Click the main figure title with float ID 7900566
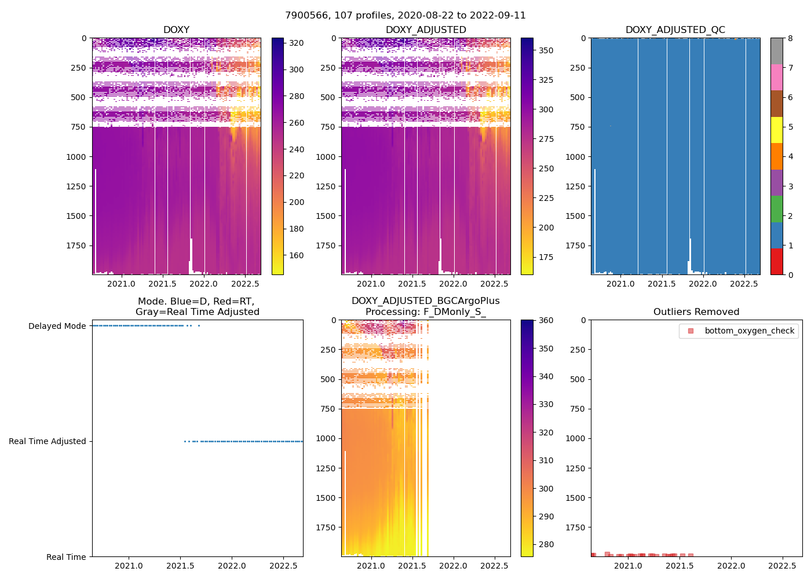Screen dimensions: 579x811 (x=405, y=16)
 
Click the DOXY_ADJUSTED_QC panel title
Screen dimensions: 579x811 (x=675, y=30)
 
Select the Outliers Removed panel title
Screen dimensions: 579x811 (x=696, y=312)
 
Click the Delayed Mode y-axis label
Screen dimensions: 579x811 (x=57, y=326)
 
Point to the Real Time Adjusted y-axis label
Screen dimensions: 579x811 (x=48, y=441)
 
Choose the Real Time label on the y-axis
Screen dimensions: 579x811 (x=66, y=557)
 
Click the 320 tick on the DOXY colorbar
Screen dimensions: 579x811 (x=297, y=43)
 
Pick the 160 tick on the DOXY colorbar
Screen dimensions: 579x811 (x=297, y=255)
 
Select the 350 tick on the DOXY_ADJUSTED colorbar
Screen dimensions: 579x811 (x=546, y=50)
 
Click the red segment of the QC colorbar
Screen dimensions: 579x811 (x=777, y=262)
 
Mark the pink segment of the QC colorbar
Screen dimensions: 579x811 (x=777, y=78)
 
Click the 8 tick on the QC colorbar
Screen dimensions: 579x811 (x=790, y=38)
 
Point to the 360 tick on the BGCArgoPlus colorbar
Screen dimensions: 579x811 (x=546, y=320)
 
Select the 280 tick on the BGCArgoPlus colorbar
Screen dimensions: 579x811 (x=546, y=544)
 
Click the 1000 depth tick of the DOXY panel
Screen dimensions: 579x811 (x=76, y=157)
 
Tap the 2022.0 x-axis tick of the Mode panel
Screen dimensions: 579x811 (x=232, y=566)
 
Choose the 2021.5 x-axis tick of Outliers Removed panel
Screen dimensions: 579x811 (x=680, y=566)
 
